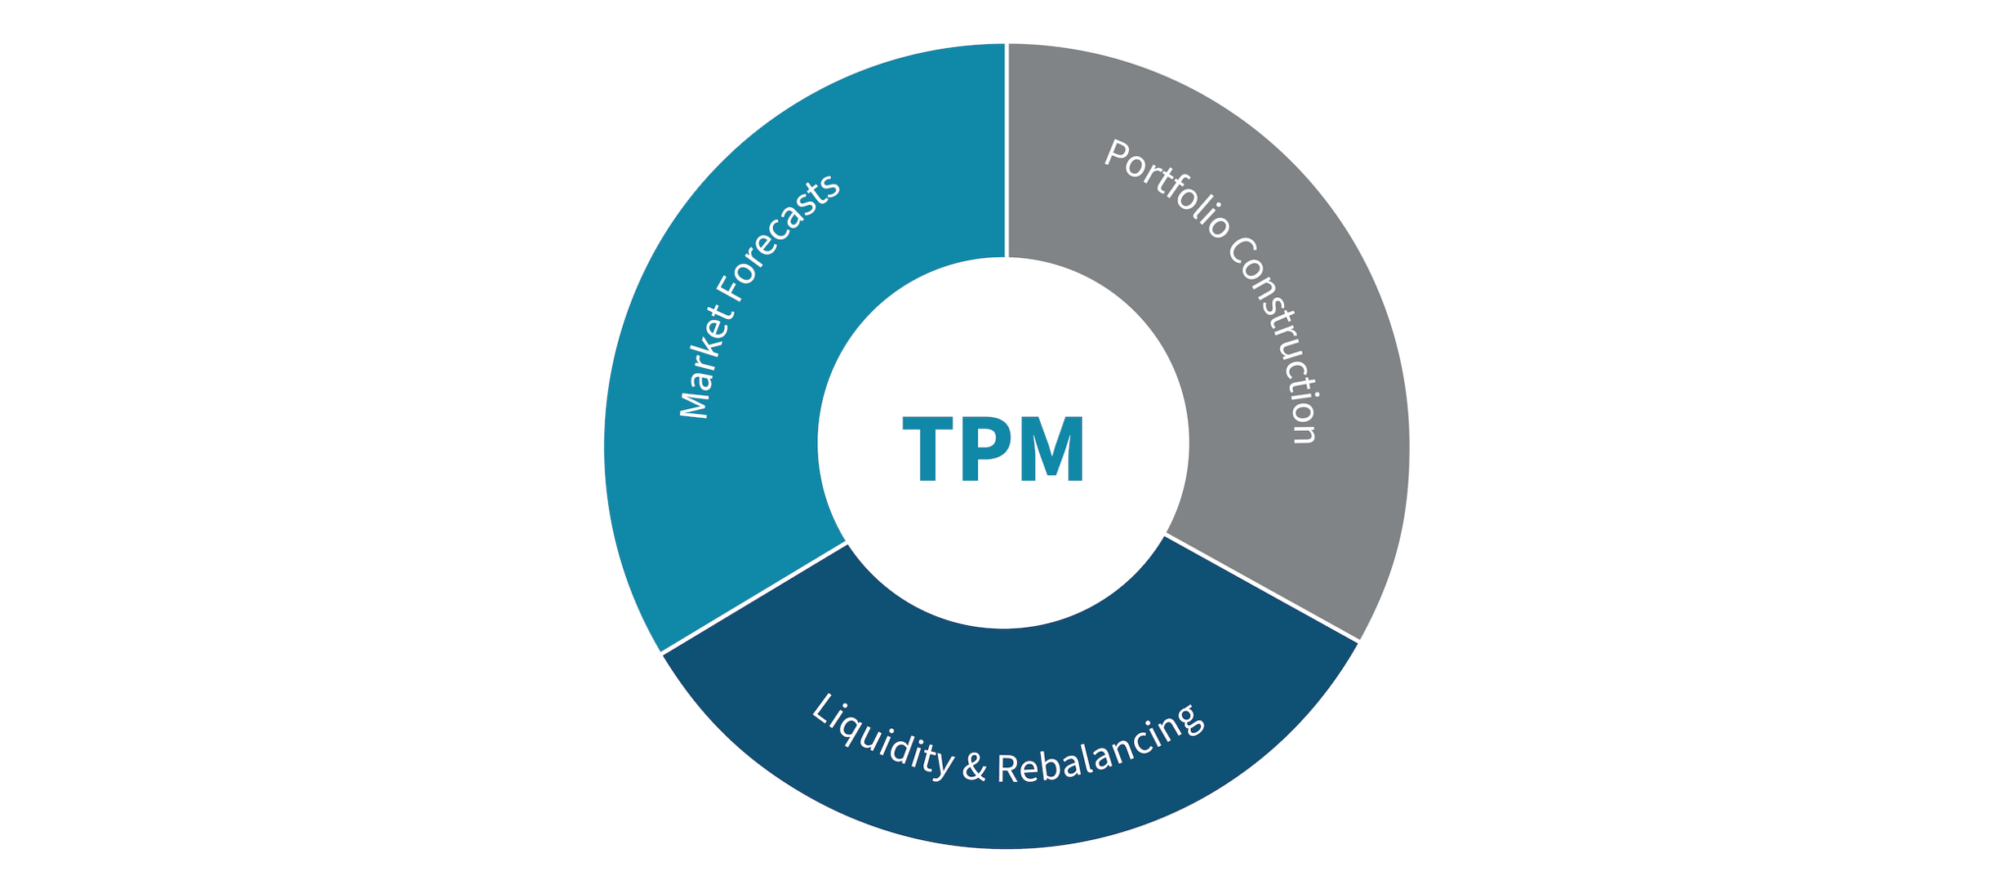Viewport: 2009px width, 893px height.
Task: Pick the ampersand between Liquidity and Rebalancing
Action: [x=974, y=765]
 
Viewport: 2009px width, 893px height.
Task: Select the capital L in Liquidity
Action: [x=825, y=709]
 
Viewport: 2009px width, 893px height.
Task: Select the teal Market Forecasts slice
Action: [x=687, y=491]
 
